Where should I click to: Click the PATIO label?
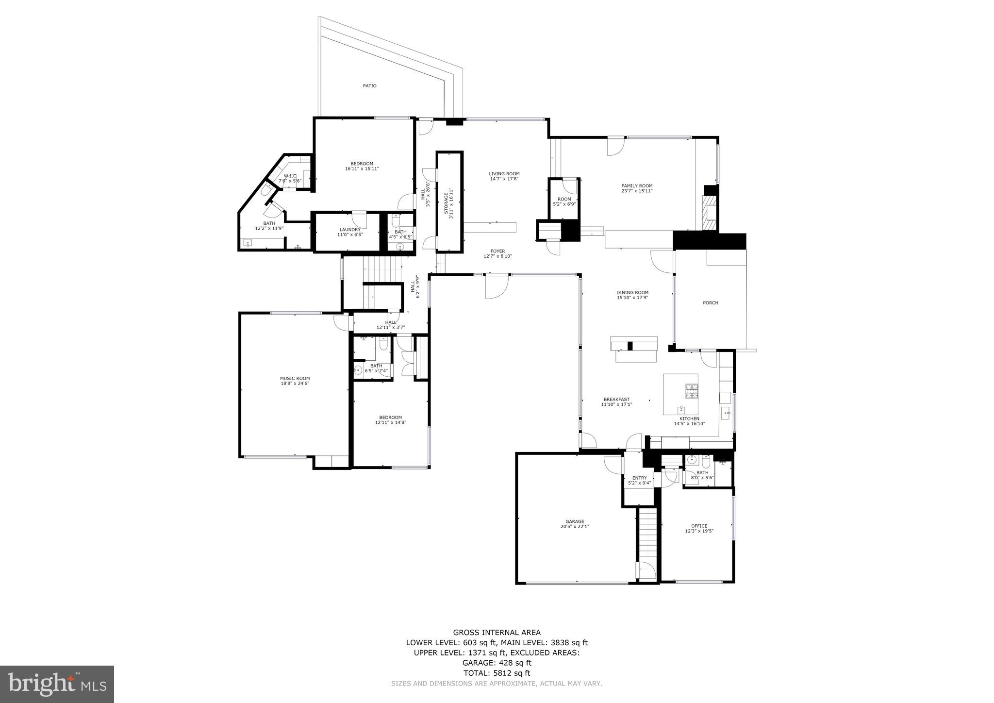(x=369, y=86)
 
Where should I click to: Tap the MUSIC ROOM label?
(x=295, y=378)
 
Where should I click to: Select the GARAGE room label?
(x=575, y=521)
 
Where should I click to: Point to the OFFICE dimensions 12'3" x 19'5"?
(x=699, y=531)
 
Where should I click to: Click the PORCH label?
(x=711, y=303)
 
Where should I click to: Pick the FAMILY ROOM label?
(x=637, y=185)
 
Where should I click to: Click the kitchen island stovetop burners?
(x=691, y=391)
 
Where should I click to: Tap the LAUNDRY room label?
(x=350, y=230)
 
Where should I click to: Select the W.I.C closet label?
(x=290, y=176)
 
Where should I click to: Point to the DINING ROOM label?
(x=632, y=293)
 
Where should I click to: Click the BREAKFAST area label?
(x=616, y=399)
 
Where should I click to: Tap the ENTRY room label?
(x=639, y=478)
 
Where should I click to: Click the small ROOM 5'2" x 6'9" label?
(x=564, y=199)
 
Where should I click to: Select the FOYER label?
(x=497, y=251)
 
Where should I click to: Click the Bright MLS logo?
(x=57, y=684)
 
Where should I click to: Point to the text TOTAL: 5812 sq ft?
(x=497, y=673)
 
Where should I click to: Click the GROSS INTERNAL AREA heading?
(x=497, y=632)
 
